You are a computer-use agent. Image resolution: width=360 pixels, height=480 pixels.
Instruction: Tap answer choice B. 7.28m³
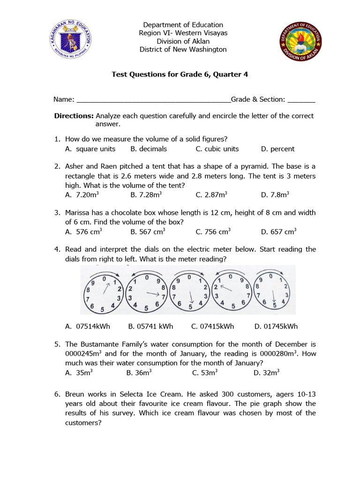point(146,194)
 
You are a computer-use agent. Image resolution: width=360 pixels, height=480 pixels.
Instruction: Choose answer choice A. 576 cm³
point(84,231)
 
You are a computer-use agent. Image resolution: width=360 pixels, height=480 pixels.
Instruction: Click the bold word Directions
point(74,116)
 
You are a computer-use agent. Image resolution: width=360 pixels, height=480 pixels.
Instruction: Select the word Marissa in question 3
point(79,213)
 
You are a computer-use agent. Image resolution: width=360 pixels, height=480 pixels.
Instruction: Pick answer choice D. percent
point(277,149)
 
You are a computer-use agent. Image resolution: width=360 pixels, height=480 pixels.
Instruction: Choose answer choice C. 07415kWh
point(212,326)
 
